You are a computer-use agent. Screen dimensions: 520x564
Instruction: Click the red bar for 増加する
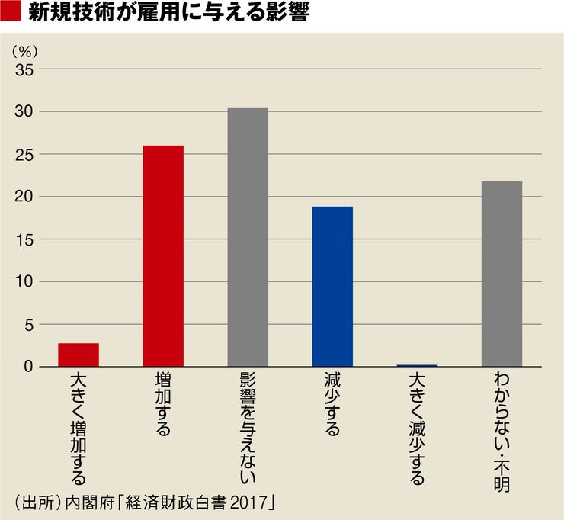click(x=163, y=256)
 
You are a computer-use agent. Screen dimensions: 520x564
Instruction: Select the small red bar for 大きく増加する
click(x=79, y=355)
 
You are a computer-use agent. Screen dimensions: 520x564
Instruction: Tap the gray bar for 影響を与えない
click(x=248, y=237)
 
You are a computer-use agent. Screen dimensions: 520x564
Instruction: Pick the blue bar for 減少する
click(x=332, y=287)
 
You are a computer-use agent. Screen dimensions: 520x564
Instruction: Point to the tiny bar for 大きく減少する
click(x=417, y=366)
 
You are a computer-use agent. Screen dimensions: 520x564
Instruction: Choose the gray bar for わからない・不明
click(x=502, y=274)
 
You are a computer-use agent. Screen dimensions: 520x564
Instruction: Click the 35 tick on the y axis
click(x=25, y=69)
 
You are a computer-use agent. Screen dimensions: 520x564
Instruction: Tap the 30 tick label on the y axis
click(x=25, y=112)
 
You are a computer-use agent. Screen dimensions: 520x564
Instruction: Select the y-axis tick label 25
click(x=25, y=155)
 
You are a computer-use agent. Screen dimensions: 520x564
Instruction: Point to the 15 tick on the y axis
click(x=25, y=239)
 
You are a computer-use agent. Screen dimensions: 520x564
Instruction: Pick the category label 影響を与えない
click(x=248, y=430)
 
